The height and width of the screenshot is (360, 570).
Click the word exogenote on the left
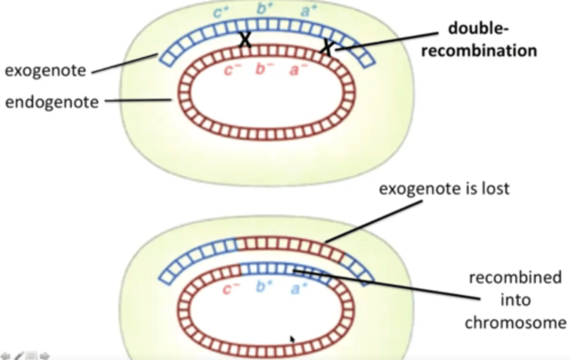click(x=45, y=71)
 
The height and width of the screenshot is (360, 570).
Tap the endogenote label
click(x=52, y=102)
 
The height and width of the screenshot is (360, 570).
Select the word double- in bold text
click(x=478, y=28)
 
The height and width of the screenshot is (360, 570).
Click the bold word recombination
click(x=479, y=51)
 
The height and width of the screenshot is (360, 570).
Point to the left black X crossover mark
click(x=245, y=40)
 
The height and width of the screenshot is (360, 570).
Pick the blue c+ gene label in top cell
click(x=220, y=12)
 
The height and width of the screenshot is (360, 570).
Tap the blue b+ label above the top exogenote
click(x=264, y=9)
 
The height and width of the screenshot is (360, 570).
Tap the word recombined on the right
click(x=515, y=277)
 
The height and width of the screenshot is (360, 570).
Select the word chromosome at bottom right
click(x=515, y=323)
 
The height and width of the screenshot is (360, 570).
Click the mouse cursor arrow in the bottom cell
click(x=293, y=339)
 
